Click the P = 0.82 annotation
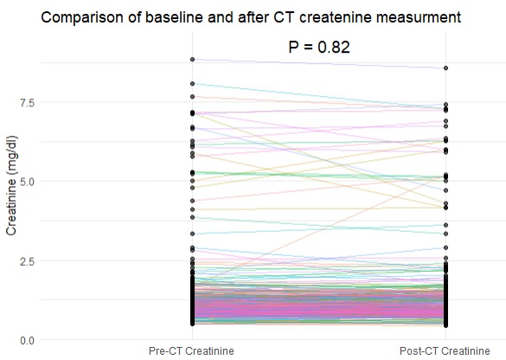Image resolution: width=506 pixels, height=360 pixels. (319, 47)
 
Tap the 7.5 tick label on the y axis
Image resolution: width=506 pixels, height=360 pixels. (27, 103)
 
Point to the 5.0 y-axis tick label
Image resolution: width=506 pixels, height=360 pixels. (27, 182)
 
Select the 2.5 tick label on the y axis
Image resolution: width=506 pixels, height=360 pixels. (27, 261)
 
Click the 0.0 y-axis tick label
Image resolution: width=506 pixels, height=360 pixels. (27, 341)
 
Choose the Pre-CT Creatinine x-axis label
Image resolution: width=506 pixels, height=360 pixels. (191, 351)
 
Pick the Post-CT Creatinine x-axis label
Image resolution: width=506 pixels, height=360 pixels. (445, 351)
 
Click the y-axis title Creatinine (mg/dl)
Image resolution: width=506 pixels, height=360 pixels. (11, 185)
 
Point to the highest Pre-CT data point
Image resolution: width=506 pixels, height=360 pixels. (192, 60)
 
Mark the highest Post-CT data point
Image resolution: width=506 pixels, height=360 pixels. (445, 68)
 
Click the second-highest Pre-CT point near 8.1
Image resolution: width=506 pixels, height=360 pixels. (192, 84)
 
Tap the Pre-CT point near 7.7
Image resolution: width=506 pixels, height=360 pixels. (192, 97)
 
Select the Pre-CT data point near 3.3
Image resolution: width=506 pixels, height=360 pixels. (192, 234)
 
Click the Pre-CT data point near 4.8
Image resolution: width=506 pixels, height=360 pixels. (192, 188)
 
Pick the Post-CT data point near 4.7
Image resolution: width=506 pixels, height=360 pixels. (445, 190)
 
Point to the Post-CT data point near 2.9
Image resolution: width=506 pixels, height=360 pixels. (445, 247)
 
